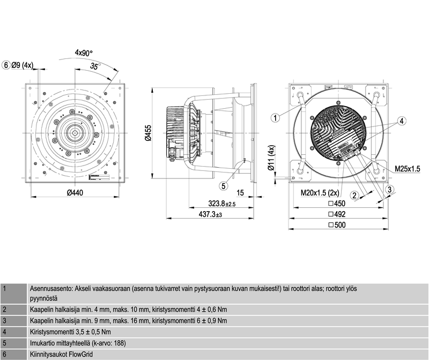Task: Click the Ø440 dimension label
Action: [75, 193]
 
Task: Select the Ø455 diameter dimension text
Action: [149, 133]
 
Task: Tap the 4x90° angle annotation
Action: [84, 52]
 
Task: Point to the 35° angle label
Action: [95, 66]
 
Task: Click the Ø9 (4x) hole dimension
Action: [22, 65]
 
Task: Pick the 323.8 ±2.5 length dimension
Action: [222, 204]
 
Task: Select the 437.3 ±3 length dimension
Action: [210, 214]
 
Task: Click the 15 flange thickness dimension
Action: [240, 193]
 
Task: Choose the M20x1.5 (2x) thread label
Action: [320, 193]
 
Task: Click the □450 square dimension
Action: [337, 204]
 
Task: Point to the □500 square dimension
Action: [337, 225]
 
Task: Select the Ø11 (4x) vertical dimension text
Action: [271, 157]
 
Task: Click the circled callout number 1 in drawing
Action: [275, 118]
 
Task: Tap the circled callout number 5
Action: [224, 186]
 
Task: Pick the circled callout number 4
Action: [401, 121]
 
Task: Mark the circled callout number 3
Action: [390, 190]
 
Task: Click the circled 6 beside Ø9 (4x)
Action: [6, 65]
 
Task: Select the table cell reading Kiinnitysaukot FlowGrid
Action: [61, 354]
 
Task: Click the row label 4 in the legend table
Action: [4, 332]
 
